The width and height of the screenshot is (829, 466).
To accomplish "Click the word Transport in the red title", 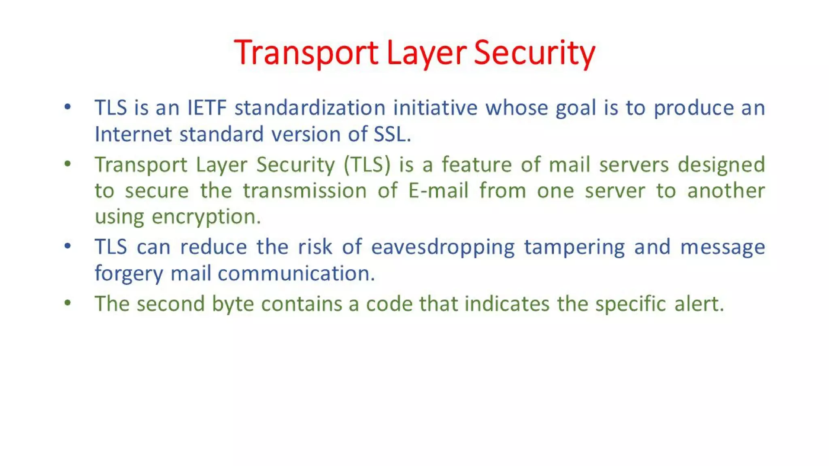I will (306, 53).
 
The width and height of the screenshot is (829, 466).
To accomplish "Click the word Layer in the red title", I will (426, 53).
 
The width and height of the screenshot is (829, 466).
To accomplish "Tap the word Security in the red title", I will (534, 53).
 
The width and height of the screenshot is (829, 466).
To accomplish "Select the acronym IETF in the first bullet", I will (206, 108).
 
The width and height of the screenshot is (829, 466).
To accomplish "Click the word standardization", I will (310, 108).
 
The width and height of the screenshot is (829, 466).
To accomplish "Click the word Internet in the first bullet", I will (133, 134).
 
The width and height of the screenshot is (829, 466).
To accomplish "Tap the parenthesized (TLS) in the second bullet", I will (367, 165).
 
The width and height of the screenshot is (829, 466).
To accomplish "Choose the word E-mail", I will (438, 191).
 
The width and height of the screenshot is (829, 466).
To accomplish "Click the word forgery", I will (129, 274).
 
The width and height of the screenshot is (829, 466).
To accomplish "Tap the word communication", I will (296, 274).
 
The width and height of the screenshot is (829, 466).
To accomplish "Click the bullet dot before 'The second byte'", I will (68, 303).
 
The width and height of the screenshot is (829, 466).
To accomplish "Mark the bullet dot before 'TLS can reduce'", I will (68, 246).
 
